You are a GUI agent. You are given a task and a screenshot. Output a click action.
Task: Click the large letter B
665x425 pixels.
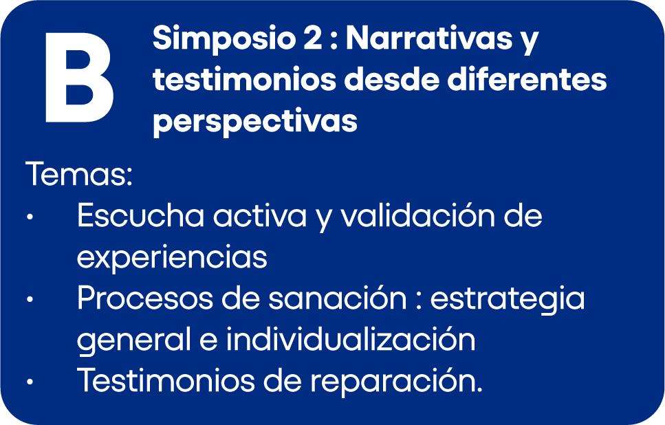point(79,78)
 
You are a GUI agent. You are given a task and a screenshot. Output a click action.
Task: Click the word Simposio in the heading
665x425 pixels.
point(224,39)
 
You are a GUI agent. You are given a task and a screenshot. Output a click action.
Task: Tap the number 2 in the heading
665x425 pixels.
point(313,39)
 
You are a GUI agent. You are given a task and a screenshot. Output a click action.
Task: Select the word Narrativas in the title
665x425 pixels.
point(429,39)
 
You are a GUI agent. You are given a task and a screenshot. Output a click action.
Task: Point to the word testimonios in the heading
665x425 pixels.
point(244,80)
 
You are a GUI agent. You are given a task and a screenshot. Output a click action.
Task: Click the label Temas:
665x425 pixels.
point(79,174)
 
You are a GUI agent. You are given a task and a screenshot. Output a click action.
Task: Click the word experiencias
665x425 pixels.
point(172,257)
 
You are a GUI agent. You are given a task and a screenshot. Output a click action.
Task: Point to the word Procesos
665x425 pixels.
point(144,298)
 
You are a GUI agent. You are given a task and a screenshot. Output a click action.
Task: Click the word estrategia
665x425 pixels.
point(508,299)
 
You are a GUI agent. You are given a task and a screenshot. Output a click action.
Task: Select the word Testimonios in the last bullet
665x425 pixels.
point(166,380)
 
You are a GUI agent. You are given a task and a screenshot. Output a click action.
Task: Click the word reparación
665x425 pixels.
point(397,382)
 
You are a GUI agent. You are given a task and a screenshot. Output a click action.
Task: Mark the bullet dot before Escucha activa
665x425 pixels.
point(30,217)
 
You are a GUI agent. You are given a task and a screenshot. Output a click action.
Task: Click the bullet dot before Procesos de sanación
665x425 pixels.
point(30,300)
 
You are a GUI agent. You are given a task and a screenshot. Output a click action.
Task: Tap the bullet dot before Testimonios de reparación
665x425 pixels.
point(30,382)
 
